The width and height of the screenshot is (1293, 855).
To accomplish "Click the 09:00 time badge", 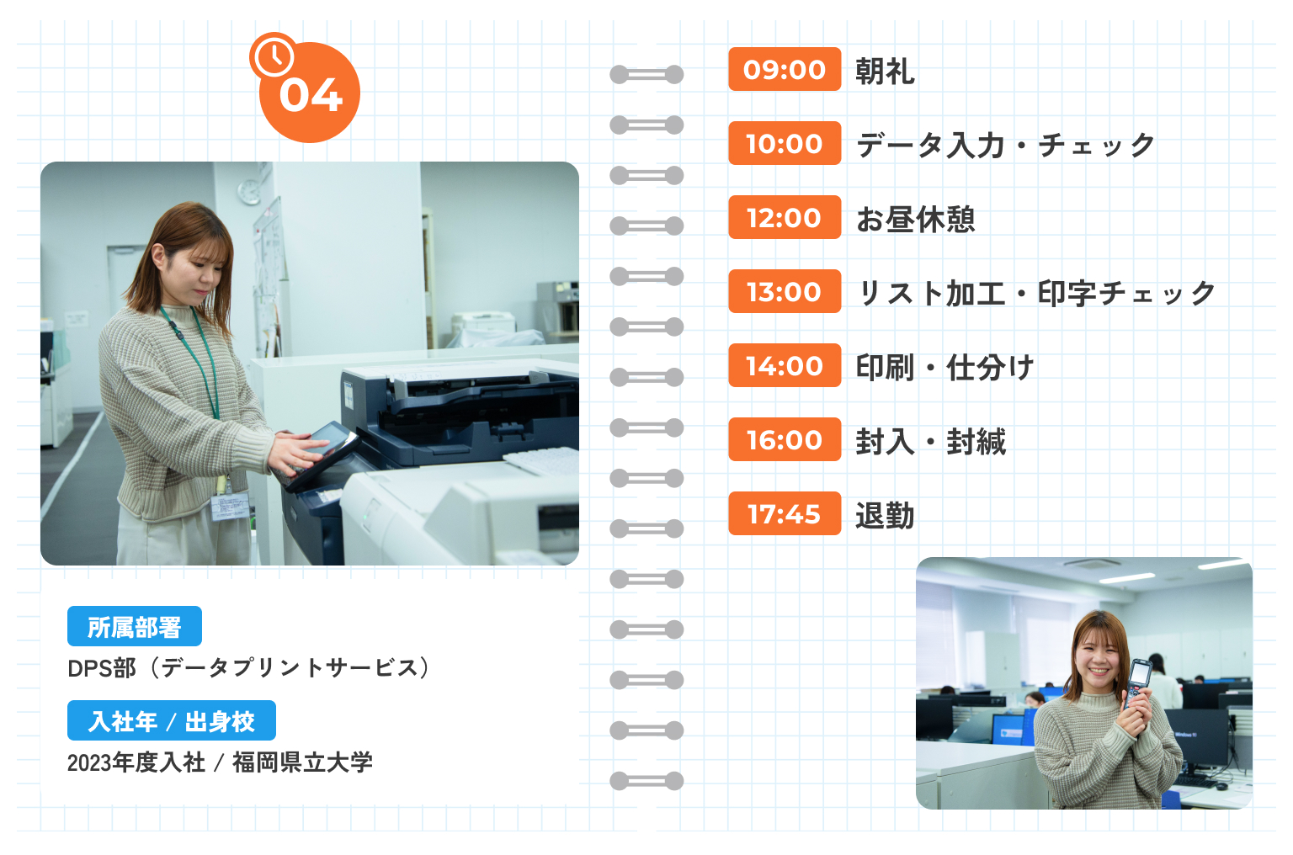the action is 785,69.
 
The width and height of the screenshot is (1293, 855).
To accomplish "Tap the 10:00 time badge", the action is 785,143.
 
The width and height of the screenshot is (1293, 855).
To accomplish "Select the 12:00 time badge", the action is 785,217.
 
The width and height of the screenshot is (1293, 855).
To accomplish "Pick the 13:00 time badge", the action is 785,291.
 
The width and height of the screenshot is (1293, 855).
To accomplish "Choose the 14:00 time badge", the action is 785,365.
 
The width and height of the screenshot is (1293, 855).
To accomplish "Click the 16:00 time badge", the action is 785,439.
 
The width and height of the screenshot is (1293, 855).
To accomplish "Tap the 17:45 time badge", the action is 785,513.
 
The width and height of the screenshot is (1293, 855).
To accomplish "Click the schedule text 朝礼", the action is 885,71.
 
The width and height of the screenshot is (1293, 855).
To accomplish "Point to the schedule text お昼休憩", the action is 916,220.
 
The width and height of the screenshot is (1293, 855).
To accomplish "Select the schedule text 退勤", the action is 885,515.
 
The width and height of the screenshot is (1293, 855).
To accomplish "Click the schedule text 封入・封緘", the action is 930,441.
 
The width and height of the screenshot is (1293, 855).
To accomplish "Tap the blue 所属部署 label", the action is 135,626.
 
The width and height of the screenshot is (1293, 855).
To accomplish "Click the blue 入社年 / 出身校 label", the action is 172,720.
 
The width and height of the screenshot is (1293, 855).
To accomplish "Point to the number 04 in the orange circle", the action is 311,96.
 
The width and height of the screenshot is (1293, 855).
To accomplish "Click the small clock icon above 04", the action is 273,56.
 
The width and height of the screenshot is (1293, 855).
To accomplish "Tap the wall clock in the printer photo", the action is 250,192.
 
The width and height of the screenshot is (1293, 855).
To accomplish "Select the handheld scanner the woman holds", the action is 1138,683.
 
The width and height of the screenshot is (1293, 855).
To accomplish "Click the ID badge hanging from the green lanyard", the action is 231,506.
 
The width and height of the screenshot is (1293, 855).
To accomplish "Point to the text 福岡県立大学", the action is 302,762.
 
